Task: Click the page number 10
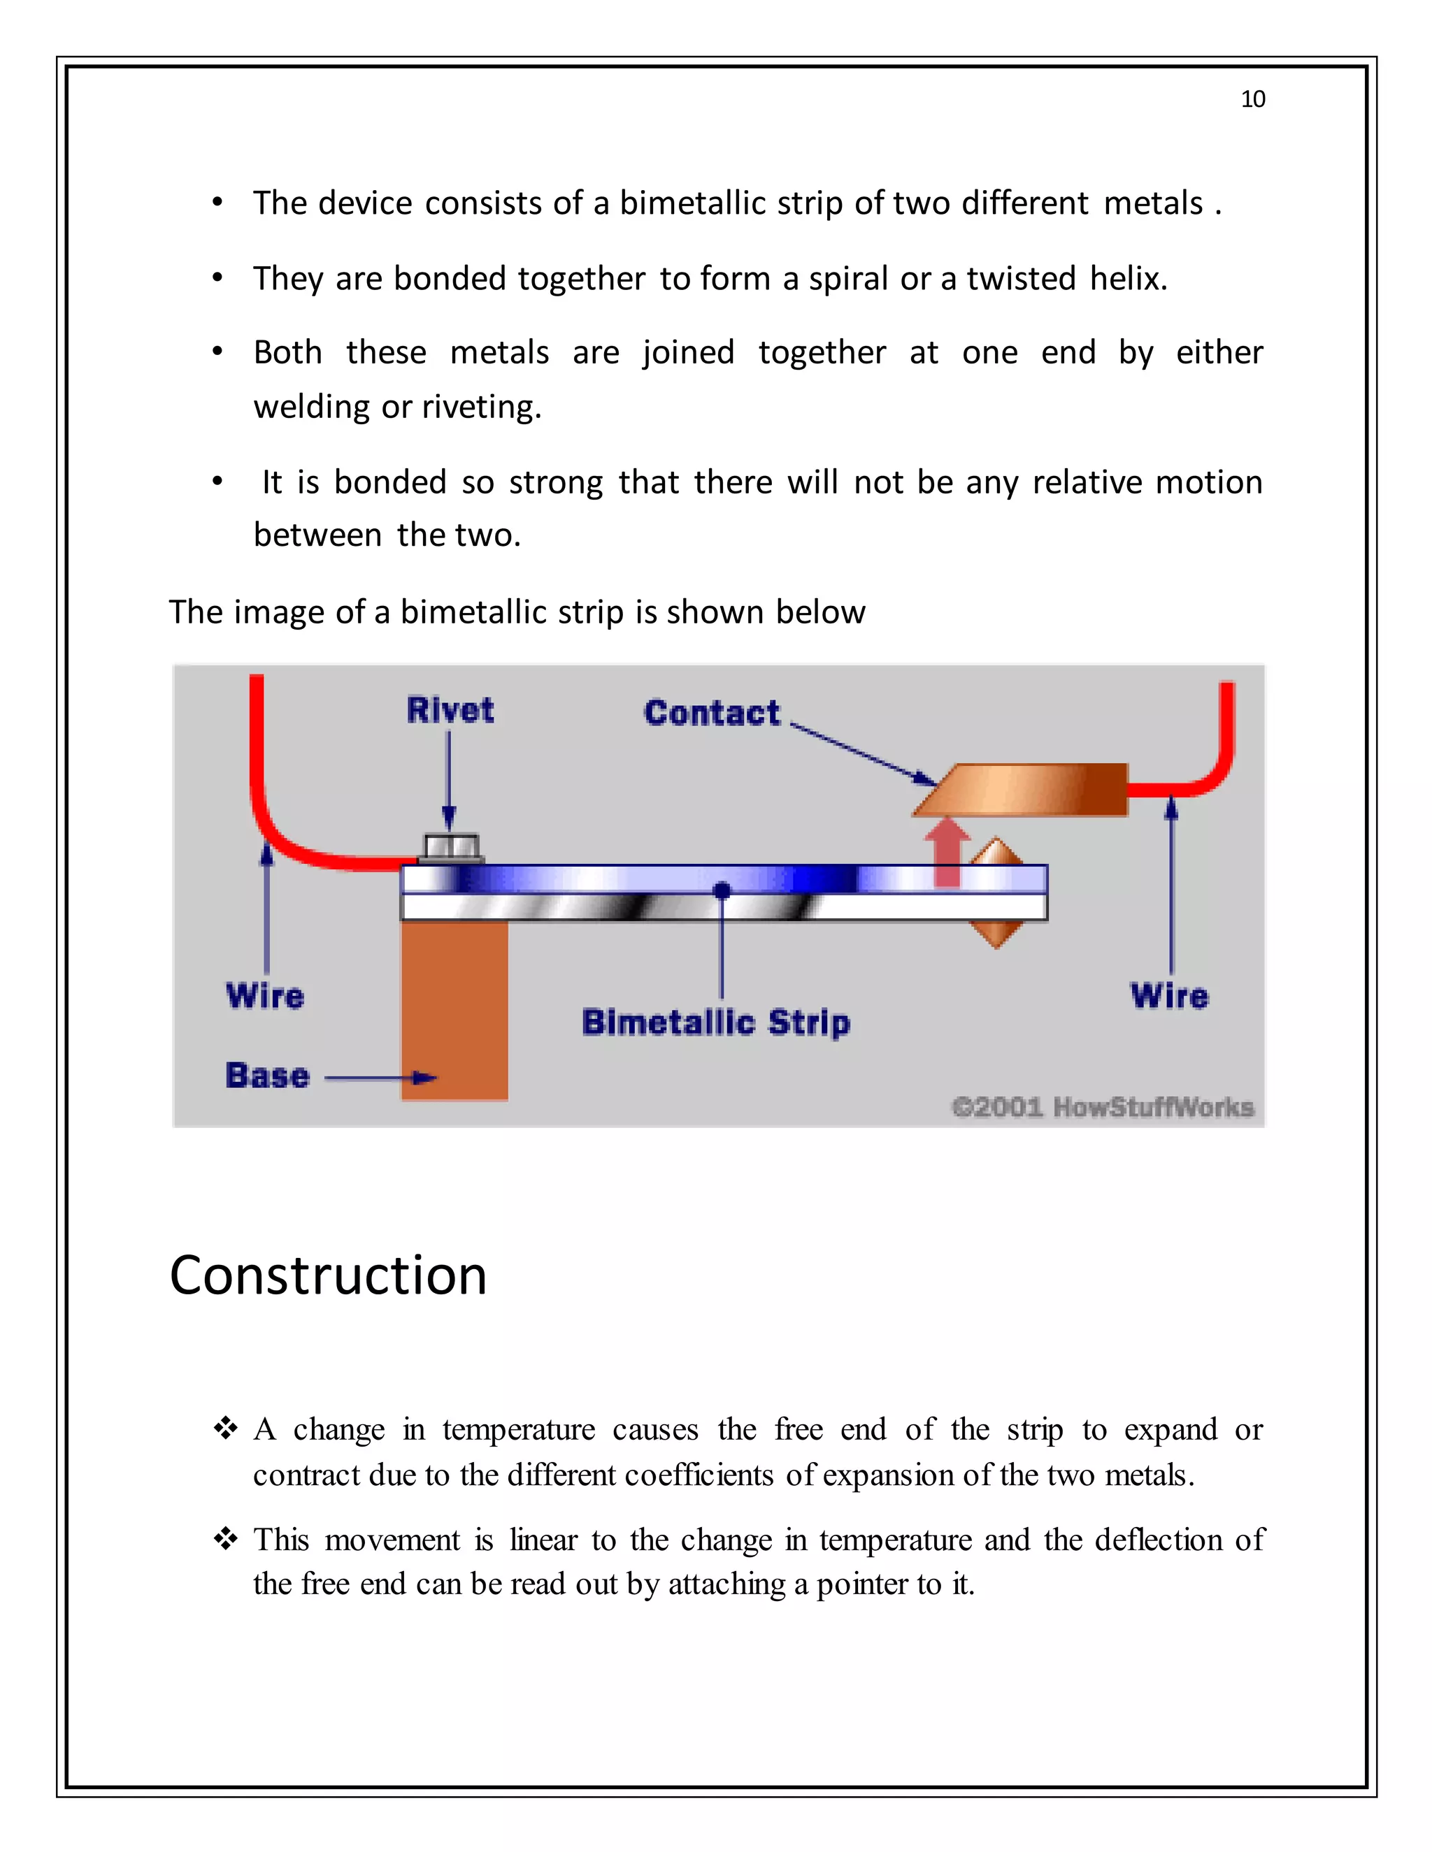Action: pos(1252,99)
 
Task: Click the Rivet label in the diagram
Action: pos(450,710)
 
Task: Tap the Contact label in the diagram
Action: pos(711,712)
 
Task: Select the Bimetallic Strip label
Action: pos(715,1022)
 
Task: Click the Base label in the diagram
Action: pos(267,1076)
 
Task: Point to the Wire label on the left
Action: pos(265,995)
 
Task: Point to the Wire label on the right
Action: pos(1169,995)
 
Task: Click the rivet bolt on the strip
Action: pos(451,847)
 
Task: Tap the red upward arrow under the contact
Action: pos(947,851)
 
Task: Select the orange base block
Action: pos(454,1009)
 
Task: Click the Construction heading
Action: pos(329,1275)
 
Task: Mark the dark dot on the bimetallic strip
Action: pos(722,890)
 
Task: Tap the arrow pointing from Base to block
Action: pos(381,1078)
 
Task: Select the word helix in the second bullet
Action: pos(1129,278)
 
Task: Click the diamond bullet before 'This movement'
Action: pos(225,1538)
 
